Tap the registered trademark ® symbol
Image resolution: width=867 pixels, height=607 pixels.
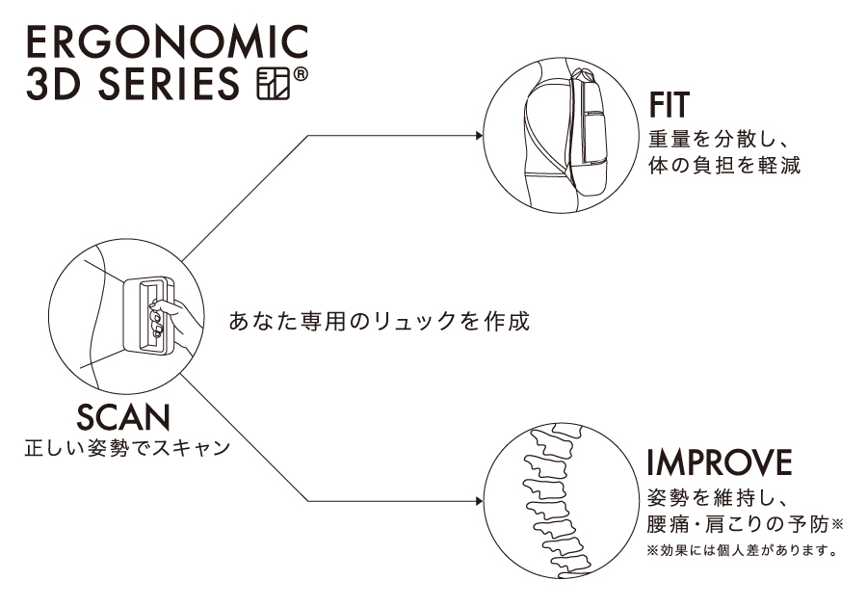[x=298, y=74]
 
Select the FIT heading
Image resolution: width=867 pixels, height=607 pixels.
[x=672, y=104]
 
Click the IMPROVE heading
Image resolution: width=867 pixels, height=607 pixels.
[x=718, y=462]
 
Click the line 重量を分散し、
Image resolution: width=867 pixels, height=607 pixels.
[x=718, y=137]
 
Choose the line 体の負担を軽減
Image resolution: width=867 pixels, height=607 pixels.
[x=725, y=165]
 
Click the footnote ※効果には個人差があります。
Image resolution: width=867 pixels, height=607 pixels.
[x=739, y=553]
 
